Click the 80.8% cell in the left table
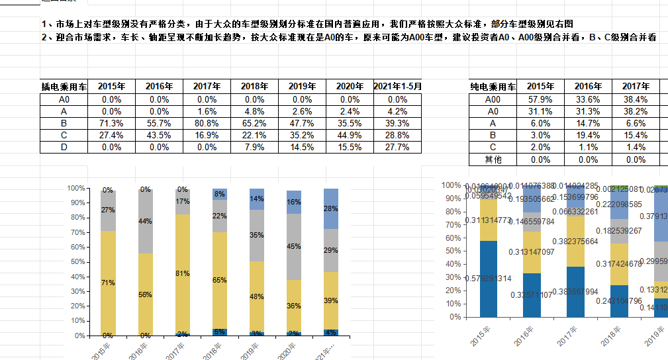(207, 123)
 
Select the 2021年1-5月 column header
(397, 86)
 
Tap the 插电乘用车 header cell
(64, 86)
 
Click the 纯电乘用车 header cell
(493, 87)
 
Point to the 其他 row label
(493, 159)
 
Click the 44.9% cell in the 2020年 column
(350, 135)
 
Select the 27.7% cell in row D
(397, 147)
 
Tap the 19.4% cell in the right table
(588, 135)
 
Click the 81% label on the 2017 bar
(183, 273)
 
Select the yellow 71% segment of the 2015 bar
(108, 283)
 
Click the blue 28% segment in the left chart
(331, 208)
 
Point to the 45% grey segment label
(294, 246)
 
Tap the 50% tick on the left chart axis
(77, 262)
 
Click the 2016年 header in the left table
(159, 86)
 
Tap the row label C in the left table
(64, 135)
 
